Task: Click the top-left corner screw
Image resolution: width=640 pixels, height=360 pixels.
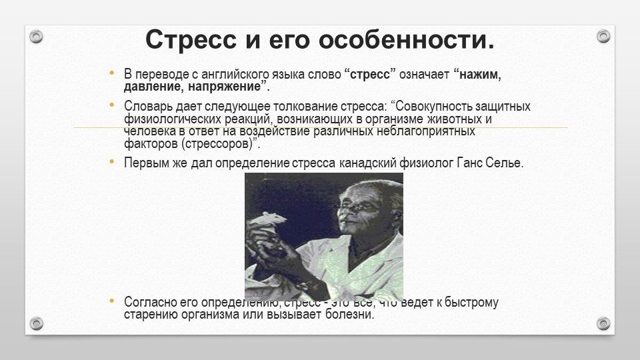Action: (x=37, y=37)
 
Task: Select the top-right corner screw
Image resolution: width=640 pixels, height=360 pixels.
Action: (x=603, y=37)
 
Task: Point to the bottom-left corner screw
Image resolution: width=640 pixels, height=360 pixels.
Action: (x=37, y=323)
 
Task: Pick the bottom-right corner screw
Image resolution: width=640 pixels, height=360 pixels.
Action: (x=603, y=323)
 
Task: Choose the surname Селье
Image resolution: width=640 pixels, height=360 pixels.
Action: (x=505, y=163)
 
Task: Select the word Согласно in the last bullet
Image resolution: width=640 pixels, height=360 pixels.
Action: (x=147, y=303)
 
